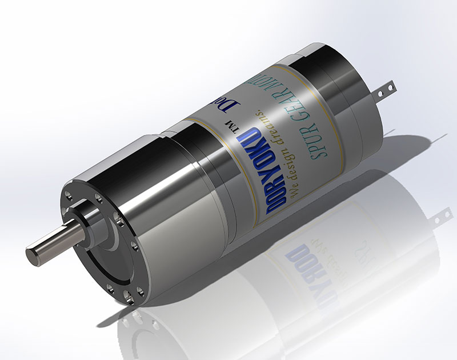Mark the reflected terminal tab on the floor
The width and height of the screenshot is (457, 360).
coord(440,217)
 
